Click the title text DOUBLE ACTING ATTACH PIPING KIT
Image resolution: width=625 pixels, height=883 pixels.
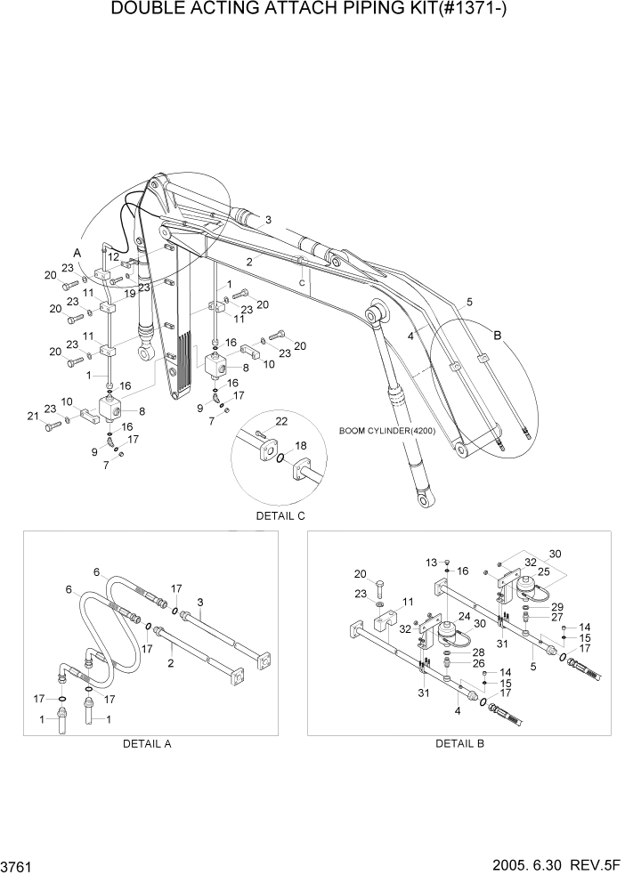(x=312, y=10)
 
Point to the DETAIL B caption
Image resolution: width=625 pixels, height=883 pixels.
(x=459, y=743)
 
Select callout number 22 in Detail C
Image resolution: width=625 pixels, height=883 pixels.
(x=280, y=421)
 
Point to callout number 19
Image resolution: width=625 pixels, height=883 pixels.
(x=130, y=294)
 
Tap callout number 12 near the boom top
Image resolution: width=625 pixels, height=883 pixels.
(x=113, y=256)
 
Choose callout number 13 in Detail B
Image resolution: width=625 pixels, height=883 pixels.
(x=432, y=562)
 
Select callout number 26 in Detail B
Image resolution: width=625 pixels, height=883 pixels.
(x=477, y=662)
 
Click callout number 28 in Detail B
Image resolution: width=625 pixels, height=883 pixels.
(x=477, y=652)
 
